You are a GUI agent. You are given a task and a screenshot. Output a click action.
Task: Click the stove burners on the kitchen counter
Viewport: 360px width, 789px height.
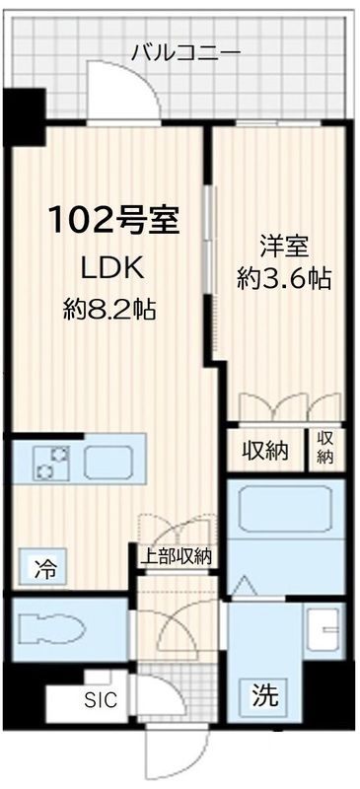point(51,460)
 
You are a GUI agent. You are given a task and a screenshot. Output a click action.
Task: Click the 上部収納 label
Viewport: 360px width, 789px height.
point(175,556)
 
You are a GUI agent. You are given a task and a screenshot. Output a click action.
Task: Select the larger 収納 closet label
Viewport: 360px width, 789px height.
point(264,451)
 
